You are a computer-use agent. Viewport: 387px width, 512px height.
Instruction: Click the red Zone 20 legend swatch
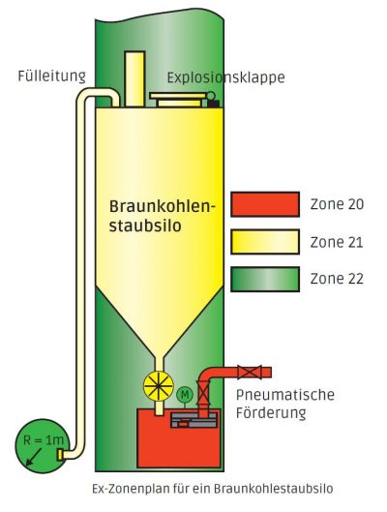click(x=265, y=204)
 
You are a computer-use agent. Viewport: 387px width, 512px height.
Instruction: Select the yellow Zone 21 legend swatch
click(x=265, y=242)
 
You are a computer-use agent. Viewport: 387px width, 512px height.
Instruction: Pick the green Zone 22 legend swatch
click(x=265, y=279)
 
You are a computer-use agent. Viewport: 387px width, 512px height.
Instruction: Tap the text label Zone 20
click(x=337, y=204)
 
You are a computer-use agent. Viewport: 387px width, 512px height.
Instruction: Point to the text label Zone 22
click(x=337, y=279)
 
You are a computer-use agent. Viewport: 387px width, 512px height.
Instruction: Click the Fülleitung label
click(x=52, y=76)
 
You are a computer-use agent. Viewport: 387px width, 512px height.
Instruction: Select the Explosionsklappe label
click(x=225, y=78)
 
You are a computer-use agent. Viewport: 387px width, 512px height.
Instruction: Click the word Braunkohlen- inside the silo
click(x=163, y=207)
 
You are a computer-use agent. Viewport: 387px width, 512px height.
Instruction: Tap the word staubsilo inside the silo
click(x=145, y=226)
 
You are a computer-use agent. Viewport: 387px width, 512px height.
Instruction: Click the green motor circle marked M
click(x=185, y=395)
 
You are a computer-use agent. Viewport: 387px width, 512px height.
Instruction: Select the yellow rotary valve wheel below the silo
click(x=159, y=385)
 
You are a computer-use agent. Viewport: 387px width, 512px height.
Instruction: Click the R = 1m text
click(x=44, y=440)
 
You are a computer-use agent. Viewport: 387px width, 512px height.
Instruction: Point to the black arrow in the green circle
click(x=34, y=457)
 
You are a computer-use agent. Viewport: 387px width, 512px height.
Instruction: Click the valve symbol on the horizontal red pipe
click(x=250, y=373)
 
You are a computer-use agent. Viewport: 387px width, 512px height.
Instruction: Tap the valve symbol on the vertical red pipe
click(x=203, y=394)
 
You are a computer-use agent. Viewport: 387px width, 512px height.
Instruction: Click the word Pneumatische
click(x=285, y=395)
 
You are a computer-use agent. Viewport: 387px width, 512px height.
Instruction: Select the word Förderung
click(x=271, y=413)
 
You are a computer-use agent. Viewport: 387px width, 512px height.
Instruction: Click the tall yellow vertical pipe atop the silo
click(x=134, y=79)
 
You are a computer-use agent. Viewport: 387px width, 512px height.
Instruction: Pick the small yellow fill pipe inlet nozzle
click(x=60, y=455)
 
